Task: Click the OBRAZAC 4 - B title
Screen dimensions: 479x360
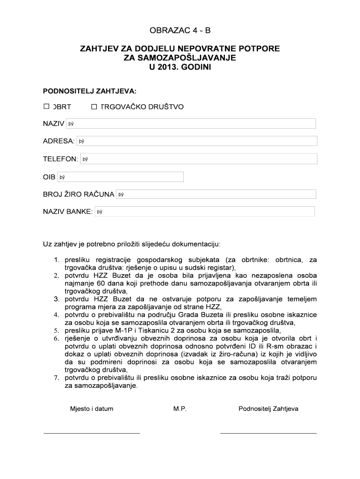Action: (x=180, y=31)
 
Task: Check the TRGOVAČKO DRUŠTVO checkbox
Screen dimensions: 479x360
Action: (x=94, y=107)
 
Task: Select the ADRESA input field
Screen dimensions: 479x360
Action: (x=196, y=141)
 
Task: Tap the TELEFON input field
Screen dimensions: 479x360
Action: (x=198, y=159)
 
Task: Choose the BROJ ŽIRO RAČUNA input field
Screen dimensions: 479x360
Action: (x=216, y=194)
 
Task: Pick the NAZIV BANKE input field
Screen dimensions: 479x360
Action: (x=204, y=212)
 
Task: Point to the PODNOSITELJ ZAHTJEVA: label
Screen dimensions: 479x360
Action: (x=90, y=90)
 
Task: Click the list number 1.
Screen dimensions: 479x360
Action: (x=57, y=260)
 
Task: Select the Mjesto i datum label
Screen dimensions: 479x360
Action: (x=92, y=409)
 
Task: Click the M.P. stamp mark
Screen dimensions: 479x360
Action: (x=180, y=409)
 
